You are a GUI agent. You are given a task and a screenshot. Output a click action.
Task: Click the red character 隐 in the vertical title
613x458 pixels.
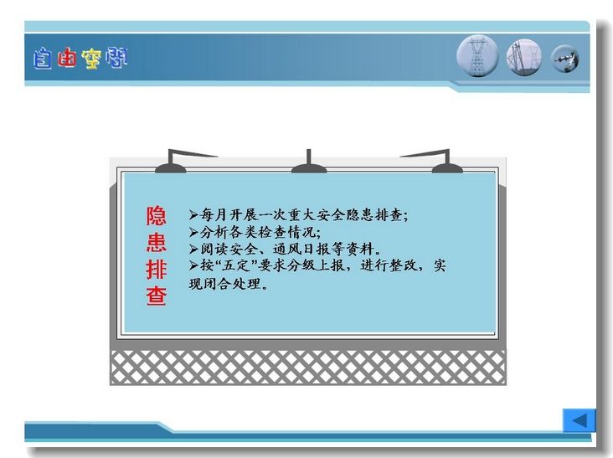pos(157,216)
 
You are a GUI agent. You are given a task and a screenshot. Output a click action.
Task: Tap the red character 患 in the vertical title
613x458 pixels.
pos(157,242)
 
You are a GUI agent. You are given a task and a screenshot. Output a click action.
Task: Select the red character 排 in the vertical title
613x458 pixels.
pos(157,269)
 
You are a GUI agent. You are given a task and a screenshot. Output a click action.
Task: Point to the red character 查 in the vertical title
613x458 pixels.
pos(157,296)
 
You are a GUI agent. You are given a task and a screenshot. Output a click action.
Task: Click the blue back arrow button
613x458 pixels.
pos(579,420)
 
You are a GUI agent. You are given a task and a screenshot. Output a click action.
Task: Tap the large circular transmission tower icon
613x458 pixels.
pos(477,56)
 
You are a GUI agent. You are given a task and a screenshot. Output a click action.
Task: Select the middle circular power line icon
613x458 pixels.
pos(524,58)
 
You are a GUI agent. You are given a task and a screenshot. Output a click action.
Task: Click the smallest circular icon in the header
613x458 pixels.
pos(565,59)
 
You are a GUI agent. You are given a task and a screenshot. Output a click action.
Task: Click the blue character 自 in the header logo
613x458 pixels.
pos(42,59)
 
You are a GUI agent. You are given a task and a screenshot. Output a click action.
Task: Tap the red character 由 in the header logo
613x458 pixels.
pos(66,58)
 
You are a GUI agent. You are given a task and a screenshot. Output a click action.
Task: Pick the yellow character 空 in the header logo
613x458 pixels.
pos(91,59)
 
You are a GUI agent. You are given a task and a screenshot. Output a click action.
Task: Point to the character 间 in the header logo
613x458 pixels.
pos(116,58)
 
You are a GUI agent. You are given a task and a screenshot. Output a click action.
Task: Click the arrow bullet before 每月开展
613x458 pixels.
pos(194,215)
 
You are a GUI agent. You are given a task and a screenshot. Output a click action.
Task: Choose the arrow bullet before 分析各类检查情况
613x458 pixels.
pos(194,232)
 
